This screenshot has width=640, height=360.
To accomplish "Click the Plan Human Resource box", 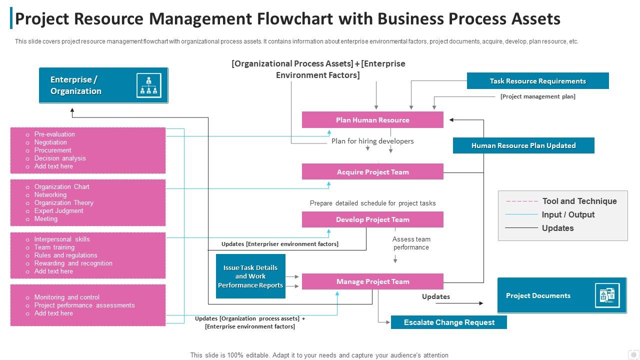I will [372, 120].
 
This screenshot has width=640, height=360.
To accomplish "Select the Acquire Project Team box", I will [372, 172].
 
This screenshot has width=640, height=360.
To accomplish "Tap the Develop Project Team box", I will [372, 219].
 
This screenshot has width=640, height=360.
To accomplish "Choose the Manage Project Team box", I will [372, 281].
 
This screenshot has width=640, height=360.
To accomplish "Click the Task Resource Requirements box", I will [537, 81].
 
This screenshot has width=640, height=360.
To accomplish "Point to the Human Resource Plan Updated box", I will [523, 145].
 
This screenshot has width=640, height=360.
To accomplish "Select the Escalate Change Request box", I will [448, 322].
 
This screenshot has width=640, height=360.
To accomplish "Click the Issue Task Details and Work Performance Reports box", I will [250, 276].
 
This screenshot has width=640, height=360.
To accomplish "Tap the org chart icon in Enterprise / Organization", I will [149, 85].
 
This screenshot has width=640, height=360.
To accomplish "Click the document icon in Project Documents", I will [607, 295].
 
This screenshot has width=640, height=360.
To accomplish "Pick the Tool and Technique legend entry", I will [579, 201].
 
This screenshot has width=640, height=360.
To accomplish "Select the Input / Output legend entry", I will [568, 214].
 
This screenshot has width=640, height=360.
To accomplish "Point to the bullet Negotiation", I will [50, 142].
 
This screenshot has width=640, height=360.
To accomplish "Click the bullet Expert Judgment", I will [58, 211].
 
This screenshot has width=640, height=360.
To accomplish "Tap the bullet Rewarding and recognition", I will [73, 263].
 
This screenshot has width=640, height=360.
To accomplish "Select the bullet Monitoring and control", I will [66, 297].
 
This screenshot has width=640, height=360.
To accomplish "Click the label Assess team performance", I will [411, 243].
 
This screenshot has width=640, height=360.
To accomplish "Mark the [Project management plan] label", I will [537, 96].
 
